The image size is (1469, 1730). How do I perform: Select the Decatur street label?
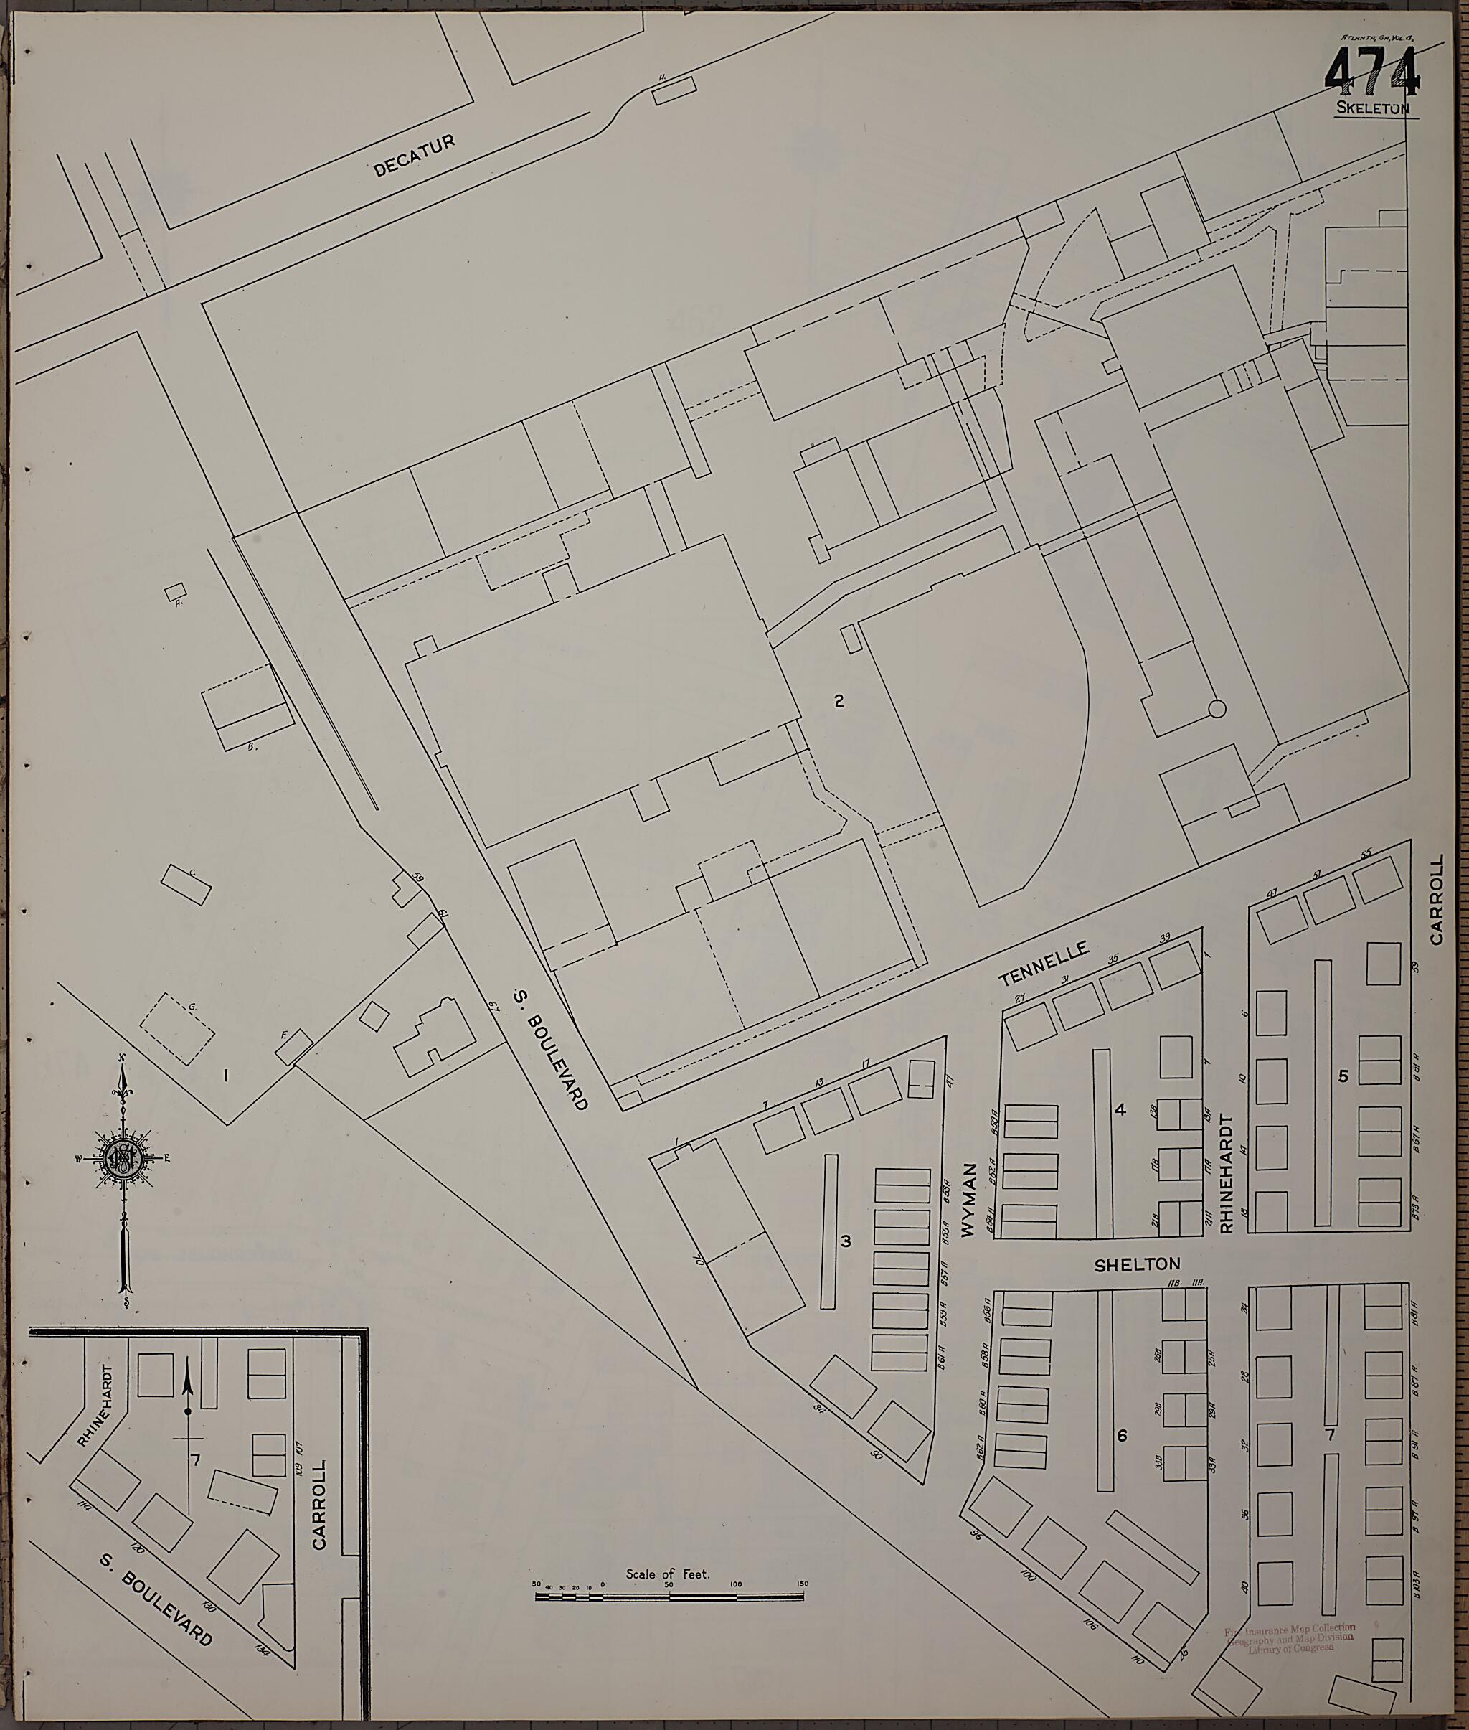(x=414, y=156)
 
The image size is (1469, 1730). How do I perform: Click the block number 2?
(x=839, y=701)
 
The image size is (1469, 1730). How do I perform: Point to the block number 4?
(x=1120, y=1109)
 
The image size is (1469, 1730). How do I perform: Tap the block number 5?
(x=1343, y=1076)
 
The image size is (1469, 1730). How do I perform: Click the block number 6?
(x=1122, y=1436)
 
